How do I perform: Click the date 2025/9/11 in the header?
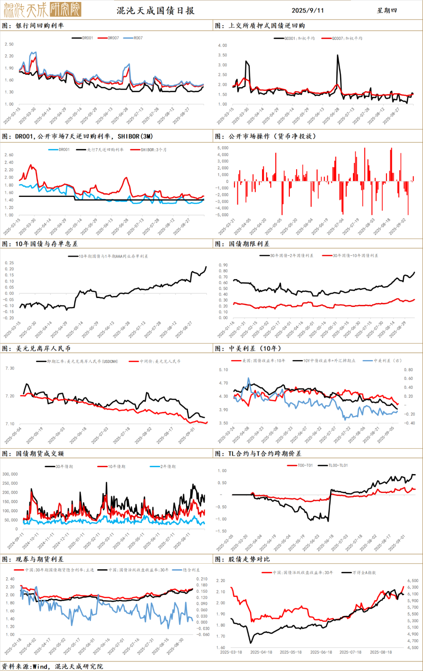(307, 11)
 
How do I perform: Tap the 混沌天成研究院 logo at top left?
(42, 10)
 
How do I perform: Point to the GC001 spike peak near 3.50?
(338, 56)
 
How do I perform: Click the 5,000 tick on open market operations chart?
(222, 148)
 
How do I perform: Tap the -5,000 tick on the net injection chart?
(222, 215)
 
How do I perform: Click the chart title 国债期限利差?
(249, 244)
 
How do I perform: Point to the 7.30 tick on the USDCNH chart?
(10, 368)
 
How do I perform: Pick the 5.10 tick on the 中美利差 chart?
(223, 370)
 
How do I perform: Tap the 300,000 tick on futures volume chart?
(10, 474)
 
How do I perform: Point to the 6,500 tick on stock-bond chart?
(413, 581)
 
